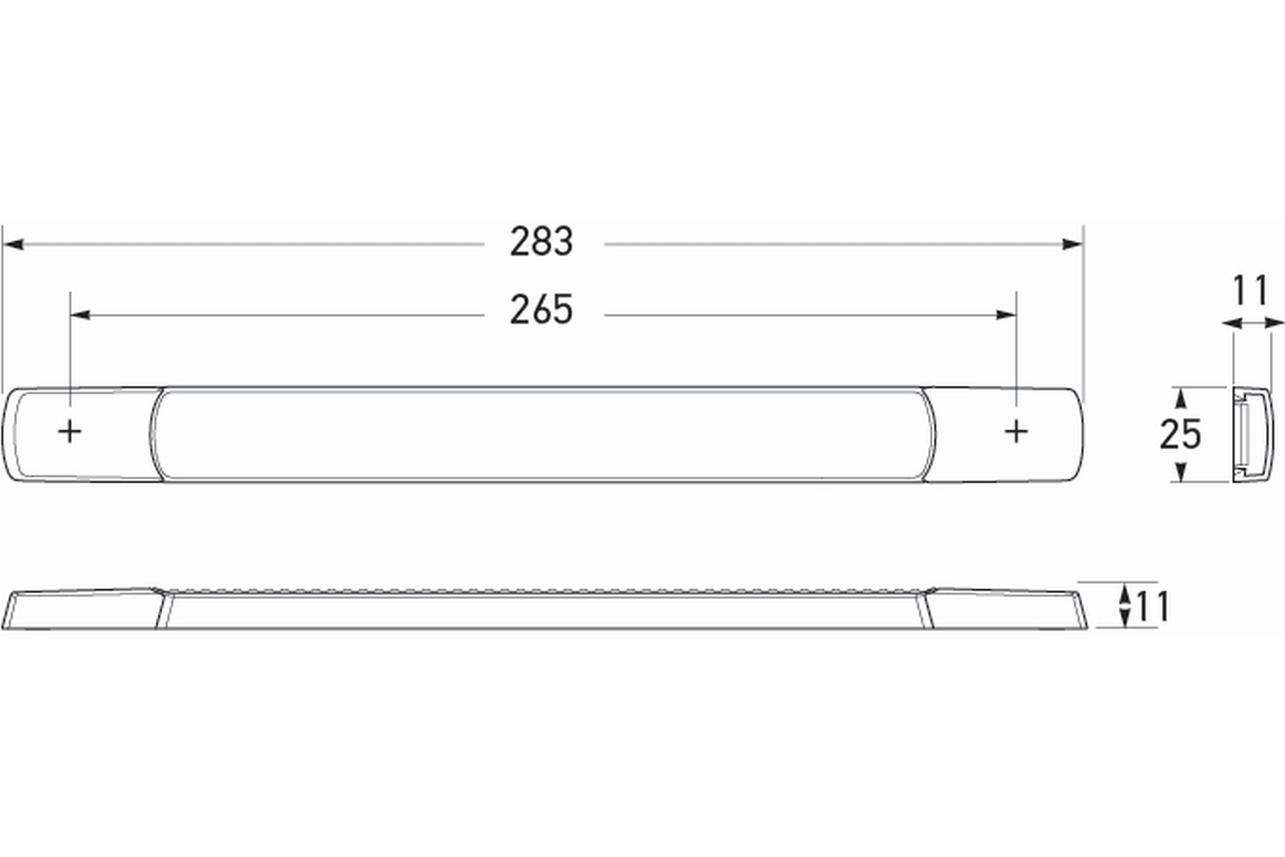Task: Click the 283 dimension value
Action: pos(541,242)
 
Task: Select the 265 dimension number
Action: pos(541,309)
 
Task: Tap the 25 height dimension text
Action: pos(1180,434)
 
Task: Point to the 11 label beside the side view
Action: pos(1152,607)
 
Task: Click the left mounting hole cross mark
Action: pos(70,431)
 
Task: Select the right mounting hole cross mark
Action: pos(1016,431)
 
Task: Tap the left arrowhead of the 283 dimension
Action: pos(13,244)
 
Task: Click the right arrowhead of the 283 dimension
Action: pos(1073,244)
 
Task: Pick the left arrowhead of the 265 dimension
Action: pos(81,315)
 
